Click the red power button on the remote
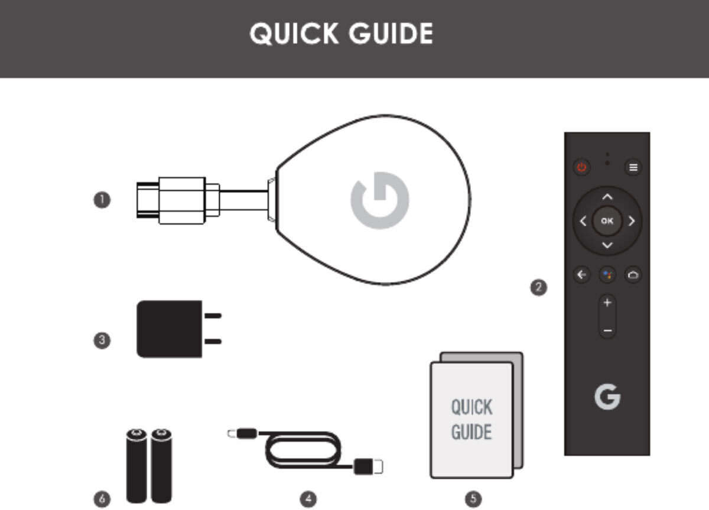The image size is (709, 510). point(581,167)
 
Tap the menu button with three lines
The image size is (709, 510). point(633,167)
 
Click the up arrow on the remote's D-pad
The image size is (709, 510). point(607,197)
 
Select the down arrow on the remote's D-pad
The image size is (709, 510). point(607,245)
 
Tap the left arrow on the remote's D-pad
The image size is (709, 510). point(583,221)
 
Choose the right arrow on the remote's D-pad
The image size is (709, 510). point(632,221)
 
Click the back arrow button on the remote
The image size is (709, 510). point(582,274)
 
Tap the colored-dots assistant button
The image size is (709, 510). point(607,274)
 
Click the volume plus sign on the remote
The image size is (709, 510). point(607,303)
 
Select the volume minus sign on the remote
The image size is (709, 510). point(607,331)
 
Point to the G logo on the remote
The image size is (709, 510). point(607,397)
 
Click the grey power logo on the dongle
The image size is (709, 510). point(380,200)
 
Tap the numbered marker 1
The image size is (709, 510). point(102,200)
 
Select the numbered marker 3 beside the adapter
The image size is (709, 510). point(102,340)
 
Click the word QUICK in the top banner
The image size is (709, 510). point(294,33)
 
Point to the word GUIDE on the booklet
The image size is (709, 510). point(471,432)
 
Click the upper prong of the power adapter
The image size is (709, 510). point(213,316)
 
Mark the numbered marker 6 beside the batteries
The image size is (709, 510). point(102,499)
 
